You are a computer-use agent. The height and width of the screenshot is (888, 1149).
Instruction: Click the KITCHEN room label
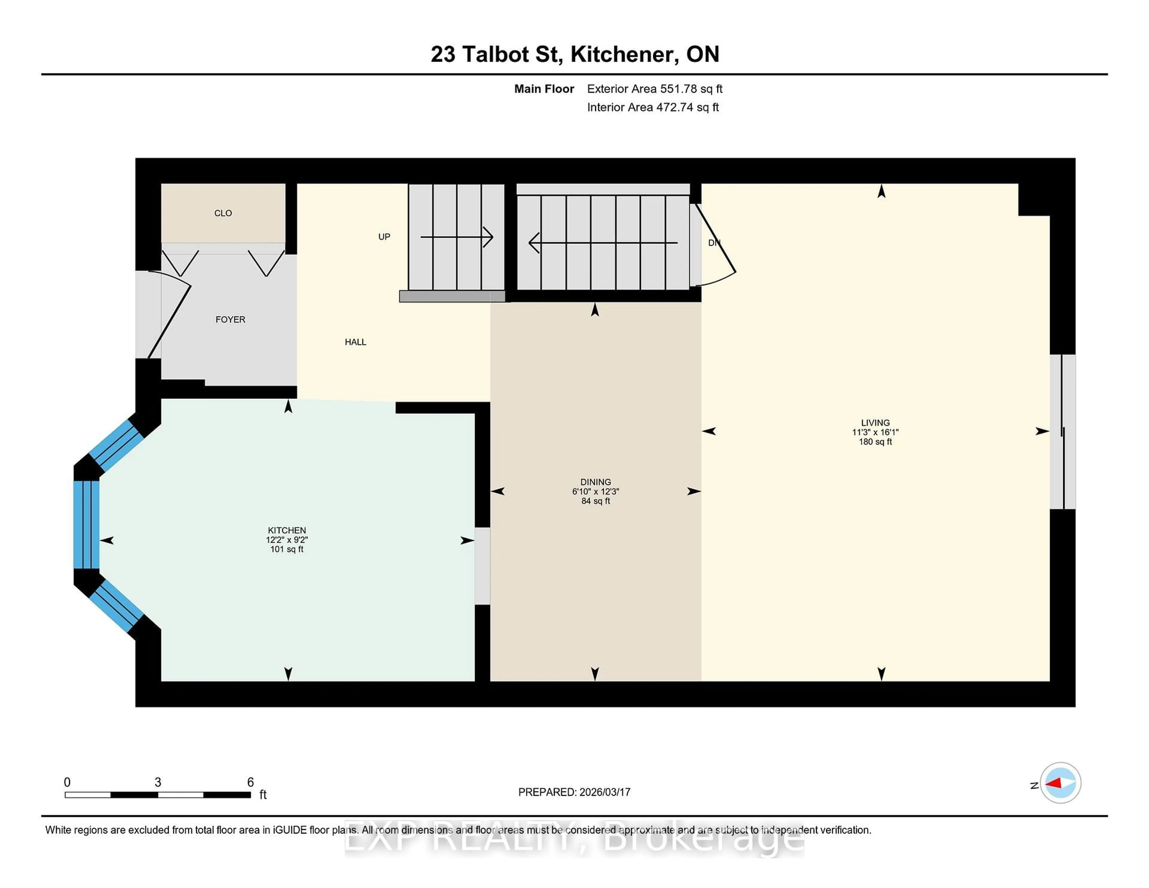(x=287, y=530)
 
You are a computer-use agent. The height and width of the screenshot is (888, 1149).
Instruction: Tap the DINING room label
(x=595, y=482)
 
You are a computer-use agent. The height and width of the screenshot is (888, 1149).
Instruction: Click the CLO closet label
(x=223, y=213)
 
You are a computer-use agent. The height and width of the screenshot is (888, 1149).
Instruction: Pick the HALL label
(x=355, y=342)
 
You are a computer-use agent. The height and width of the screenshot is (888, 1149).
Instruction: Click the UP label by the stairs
(x=384, y=237)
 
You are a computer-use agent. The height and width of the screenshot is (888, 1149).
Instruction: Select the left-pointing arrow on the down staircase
(x=602, y=243)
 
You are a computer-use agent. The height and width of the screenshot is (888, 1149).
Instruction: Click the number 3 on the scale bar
(x=158, y=782)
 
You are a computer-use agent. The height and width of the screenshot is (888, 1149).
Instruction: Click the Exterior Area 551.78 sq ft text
(x=654, y=89)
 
